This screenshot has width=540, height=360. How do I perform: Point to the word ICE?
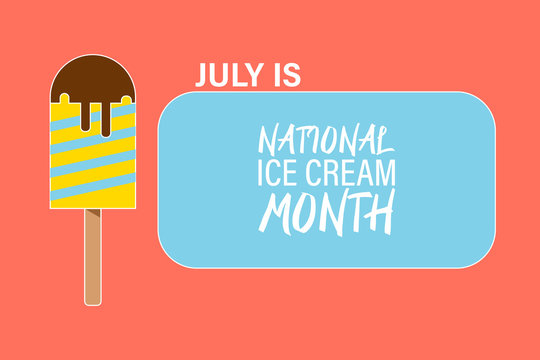point(281,174)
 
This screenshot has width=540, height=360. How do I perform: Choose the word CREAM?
point(355,174)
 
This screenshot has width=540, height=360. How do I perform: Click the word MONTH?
point(327,212)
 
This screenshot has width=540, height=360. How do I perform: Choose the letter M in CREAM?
point(384,174)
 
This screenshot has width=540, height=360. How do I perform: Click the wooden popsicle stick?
point(93,260)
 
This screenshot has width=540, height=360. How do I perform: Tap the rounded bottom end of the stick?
point(93,299)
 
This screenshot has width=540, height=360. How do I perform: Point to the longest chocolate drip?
point(104,117)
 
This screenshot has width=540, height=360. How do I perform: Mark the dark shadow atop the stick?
point(93,214)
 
